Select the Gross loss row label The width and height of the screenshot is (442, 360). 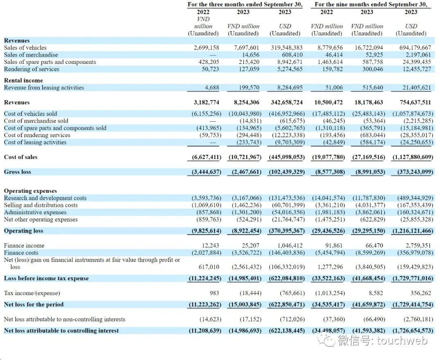(18, 172)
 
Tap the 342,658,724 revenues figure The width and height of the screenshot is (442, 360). (286, 102)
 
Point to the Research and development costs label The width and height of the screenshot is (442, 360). (45, 198)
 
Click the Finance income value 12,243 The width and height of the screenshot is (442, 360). (210, 246)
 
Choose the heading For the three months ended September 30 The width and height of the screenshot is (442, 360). (245, 5)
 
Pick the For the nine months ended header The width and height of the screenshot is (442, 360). (371, 5)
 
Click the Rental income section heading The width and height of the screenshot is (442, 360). (23, 80)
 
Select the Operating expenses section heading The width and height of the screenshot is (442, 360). (30, 191)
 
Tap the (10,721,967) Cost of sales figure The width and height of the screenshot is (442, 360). (244, 157)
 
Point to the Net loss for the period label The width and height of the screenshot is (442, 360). (34, 305)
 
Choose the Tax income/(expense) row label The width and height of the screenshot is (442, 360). (32, 293)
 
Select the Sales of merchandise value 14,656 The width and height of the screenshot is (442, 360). (251, 55)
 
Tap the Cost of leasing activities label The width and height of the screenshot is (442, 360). (35, 143)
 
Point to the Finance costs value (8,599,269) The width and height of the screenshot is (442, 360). (368, 253)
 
